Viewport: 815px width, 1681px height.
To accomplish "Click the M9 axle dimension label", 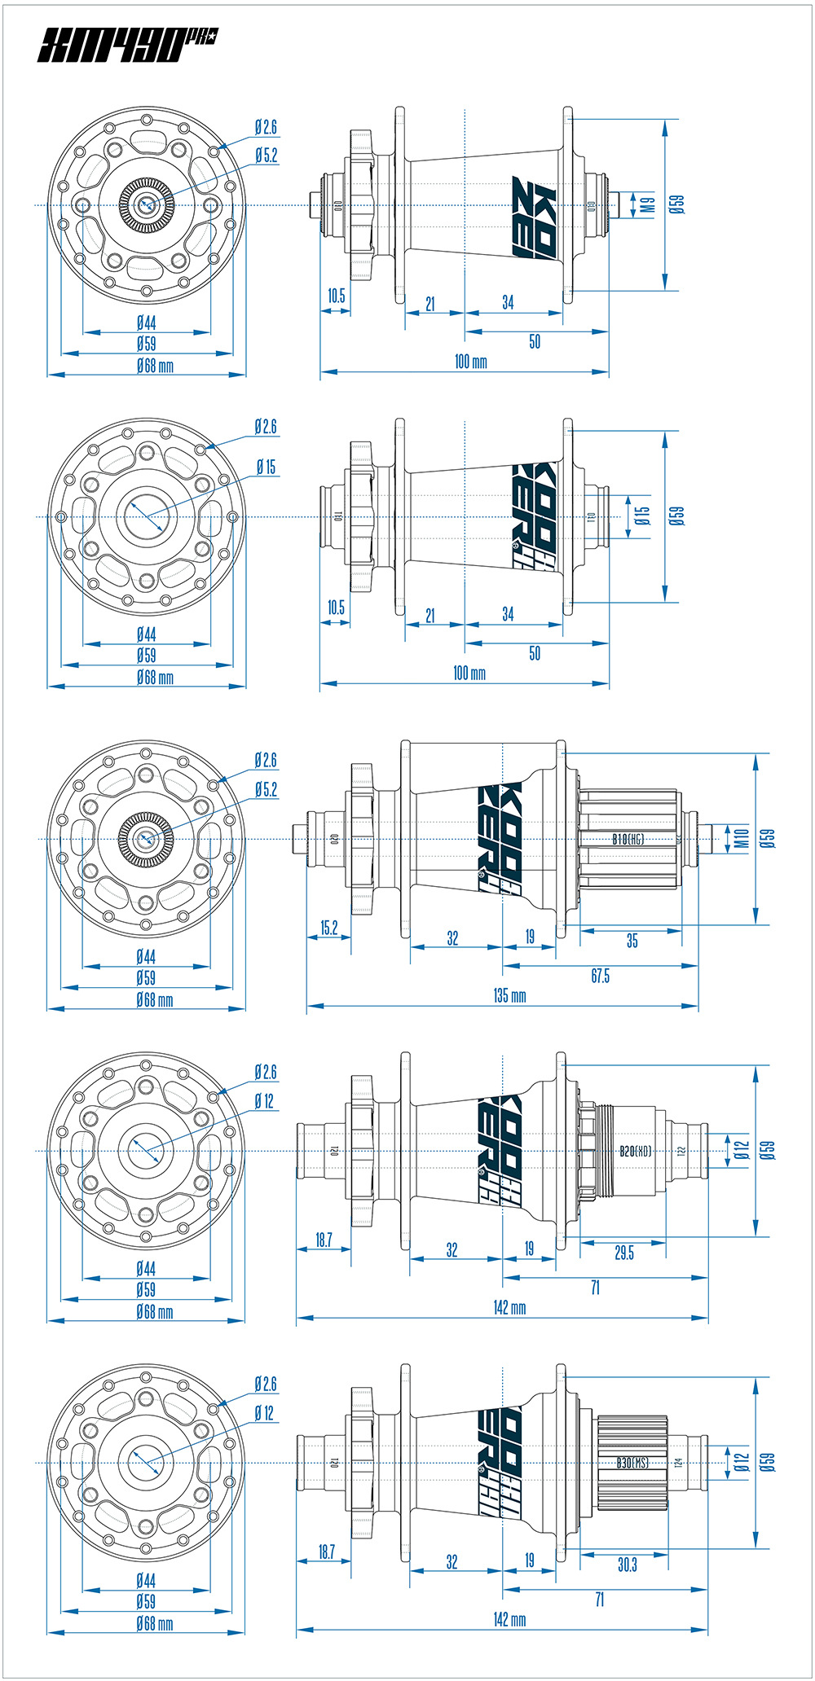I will [648, 204].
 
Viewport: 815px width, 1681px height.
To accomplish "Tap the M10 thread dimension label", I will [741, 838].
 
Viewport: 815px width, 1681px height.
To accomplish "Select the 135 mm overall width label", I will [509, 995].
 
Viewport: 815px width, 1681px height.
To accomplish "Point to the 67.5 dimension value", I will [600, 976].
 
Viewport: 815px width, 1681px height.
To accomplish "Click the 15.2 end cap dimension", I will [328, 928].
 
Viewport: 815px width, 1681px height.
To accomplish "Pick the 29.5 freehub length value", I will [623, 1253].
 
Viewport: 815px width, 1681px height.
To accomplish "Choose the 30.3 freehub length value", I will [627, 1565].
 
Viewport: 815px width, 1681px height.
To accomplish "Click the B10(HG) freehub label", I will [628, 839].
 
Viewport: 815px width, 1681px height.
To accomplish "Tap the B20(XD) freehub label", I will [635, 1152].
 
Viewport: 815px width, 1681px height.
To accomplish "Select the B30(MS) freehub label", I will [632, 1463].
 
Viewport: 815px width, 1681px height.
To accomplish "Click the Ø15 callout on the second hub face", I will [266, 467].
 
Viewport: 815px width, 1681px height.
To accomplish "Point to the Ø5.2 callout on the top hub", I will [266, 155].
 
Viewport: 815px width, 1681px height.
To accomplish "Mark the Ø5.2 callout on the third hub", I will [266, 789].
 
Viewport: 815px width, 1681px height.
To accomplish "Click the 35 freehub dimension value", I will [632, 941].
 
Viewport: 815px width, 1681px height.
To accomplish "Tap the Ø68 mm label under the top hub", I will [154, 366].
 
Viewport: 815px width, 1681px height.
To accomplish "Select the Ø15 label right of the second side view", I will [642, 515].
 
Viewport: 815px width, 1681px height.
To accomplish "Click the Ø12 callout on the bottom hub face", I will [264, 1412].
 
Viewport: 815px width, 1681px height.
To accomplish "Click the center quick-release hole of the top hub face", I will [147, 204].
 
